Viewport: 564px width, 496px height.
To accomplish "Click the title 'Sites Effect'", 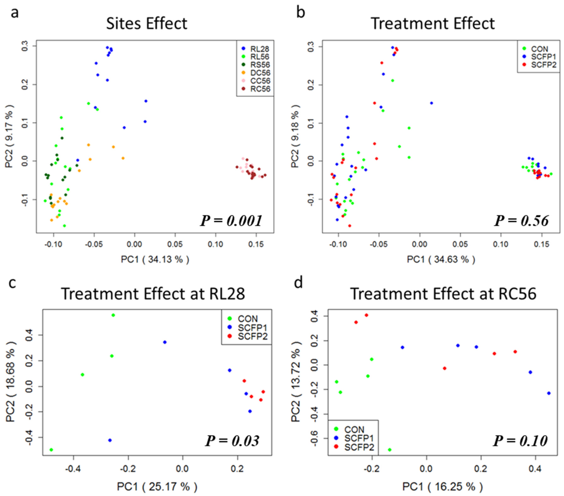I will click(x=147, y=24).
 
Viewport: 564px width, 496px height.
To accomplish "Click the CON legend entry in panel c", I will click(x=247, y=319).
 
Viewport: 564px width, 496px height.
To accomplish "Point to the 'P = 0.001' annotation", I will click(x=231, y=221).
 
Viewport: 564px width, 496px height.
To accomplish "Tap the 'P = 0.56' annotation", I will click(x=521, y=221).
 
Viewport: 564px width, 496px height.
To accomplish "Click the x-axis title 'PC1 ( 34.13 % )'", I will click(x=155, y=259).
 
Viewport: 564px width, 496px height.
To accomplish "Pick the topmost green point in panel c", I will click(x=113, y=315).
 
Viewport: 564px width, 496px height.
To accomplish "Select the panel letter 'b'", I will click(x=300, y=13).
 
